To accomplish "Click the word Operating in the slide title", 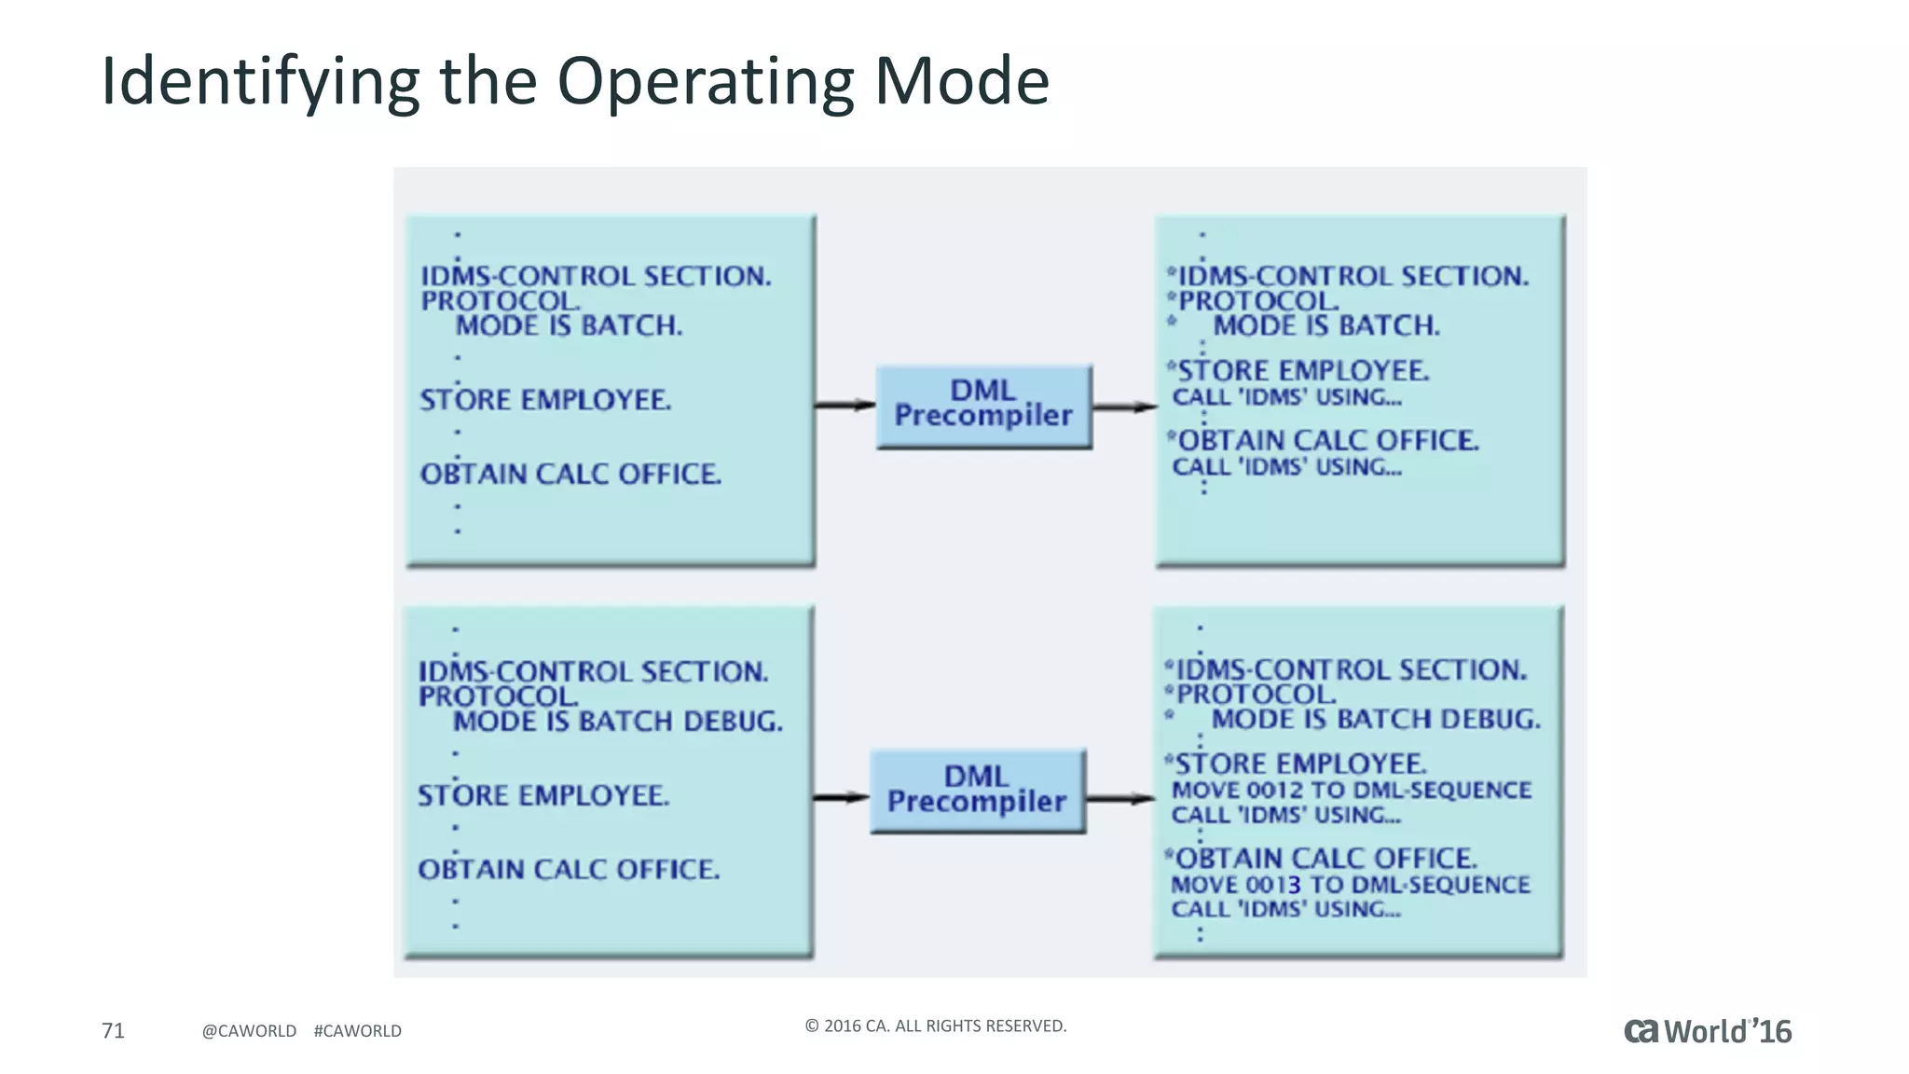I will tap(705, 82).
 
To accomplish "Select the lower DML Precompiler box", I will tap(977, 790).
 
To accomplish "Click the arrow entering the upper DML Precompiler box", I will tap(845, 405).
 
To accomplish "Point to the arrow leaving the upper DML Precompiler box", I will tap(1123, 406).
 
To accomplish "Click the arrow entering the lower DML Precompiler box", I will tap(841, 797).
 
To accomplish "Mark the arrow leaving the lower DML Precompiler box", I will tap(1119, 798).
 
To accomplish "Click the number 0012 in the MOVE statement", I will tap(1274, 791).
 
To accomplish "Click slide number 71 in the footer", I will tap(113, 1030).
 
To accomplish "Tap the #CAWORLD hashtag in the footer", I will tap(358, 1031).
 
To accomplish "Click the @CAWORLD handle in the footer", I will tap(249, 1031).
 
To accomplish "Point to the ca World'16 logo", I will tap(1708, 1031).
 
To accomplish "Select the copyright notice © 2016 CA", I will tap(935, 1026).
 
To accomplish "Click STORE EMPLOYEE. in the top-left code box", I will tap(545, 400).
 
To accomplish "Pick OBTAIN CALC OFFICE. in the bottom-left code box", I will tap(569, 870).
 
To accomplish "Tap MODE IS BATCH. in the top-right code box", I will tap(1325, 325).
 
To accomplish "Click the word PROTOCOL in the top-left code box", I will tap(500, 301).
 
